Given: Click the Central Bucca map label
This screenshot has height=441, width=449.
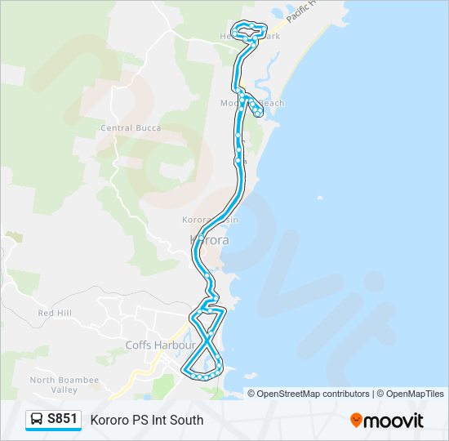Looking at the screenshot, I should coord(130,127).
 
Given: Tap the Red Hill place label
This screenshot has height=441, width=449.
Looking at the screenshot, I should coord(55,313).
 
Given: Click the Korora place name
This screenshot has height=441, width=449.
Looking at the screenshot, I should coord(209,240).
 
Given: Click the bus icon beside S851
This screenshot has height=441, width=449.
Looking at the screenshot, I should coord(38,420).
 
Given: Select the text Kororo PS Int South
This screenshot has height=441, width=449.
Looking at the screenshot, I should coord(147,420).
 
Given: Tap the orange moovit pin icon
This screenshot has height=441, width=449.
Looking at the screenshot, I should coord(357,421).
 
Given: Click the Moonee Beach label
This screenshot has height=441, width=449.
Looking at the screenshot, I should coord(252,103).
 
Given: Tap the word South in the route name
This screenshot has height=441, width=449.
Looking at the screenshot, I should coord(187,420).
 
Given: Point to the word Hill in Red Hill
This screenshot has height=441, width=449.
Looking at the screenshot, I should coord(64,313).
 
